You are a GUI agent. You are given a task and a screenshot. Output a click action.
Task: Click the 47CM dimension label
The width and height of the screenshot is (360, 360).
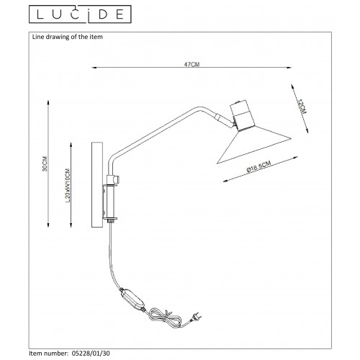tap(192, 64)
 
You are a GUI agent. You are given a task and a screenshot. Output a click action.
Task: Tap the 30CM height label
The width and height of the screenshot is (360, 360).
tap(45, 163)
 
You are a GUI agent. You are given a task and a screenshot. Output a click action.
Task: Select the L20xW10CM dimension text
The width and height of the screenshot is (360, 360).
tap(68, 186)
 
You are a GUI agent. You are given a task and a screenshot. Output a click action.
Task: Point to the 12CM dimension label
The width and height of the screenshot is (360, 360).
tap(301, 107)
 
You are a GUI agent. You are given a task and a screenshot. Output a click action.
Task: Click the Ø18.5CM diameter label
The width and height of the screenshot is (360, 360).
tap(258, 166)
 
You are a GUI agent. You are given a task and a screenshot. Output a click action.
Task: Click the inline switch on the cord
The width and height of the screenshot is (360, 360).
tap(132, 300)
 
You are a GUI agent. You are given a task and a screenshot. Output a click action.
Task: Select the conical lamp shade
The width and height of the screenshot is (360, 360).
tap(254, 145)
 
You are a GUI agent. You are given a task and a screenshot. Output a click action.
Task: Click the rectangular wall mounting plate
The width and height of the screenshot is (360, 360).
tap(97, 184)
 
